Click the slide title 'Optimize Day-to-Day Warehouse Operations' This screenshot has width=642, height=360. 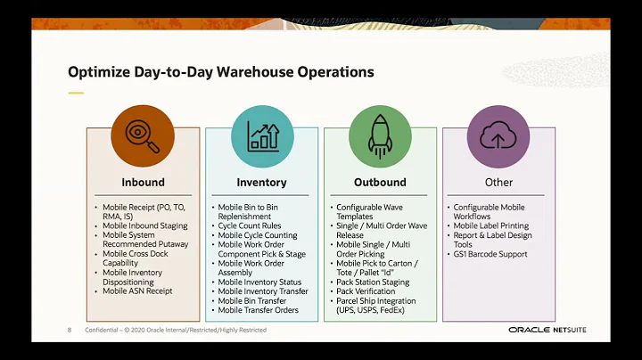coord(220,71)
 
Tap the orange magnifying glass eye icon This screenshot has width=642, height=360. coord(143,135)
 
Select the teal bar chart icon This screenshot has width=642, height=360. coord(262,135)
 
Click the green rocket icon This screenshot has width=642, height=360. coord(380,135)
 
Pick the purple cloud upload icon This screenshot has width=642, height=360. coord(498,135)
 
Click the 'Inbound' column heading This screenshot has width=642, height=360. coord(143,183)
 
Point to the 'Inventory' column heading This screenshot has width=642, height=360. coord(262,183)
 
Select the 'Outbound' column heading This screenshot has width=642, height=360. coord(380,183)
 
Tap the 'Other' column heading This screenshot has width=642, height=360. coord(498,183)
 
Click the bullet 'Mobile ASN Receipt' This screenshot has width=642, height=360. coord(137,290)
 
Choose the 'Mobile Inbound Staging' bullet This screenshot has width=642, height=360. coord(144,226)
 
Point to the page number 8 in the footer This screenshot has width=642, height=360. coord(70,331)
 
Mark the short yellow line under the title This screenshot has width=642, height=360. coord(76,93)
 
